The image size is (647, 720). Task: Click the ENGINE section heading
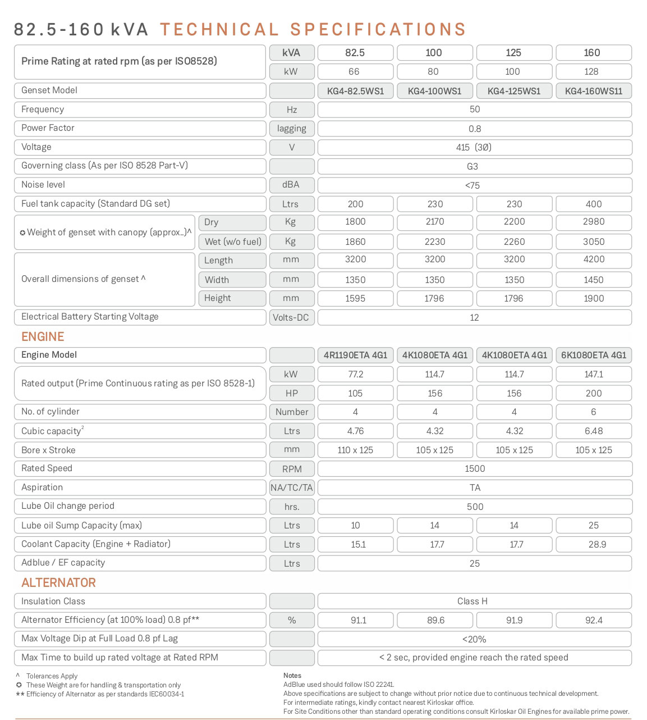[x=43, y=336]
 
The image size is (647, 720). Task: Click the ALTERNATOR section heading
[x=58, y=582]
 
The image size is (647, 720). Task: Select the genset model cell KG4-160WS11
[x=594, y=91]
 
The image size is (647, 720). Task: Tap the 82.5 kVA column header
[x=355, y=53]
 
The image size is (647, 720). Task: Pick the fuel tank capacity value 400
[x=594, y=204]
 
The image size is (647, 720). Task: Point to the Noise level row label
[x=43, y=184]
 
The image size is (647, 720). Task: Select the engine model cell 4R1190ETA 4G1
[x=355, y=355]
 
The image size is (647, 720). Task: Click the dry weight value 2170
[x=435, y=222]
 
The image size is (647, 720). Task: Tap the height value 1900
[x=594, y=298]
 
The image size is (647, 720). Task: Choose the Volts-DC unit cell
[x=291, y=317]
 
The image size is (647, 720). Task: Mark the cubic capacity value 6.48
[x=594, y=431]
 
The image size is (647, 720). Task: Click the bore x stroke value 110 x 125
[x=355, y=450]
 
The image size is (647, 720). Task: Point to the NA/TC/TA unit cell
[x=291, y=487]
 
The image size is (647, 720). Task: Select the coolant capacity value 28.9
[x=597, y=544]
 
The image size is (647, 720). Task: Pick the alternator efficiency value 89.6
[x=435, y=620]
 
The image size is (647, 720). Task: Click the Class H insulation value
[x=472, y=601]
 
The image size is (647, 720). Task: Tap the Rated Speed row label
[x=47, y=468]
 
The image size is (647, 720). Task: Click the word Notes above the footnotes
[x=292, y=675]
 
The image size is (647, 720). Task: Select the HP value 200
[x=594, y=393]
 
